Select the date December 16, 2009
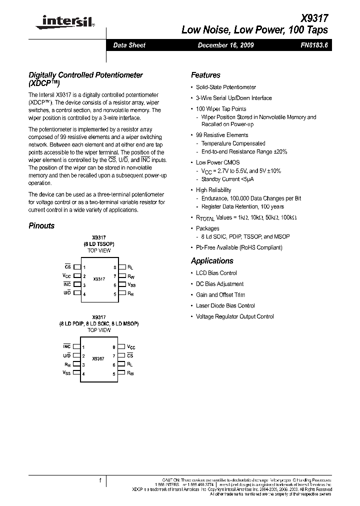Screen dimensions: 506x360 [225, 45]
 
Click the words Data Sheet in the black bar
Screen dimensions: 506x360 [129, 45]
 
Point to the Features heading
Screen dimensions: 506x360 [205, 75]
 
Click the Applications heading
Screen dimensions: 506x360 [212, 261]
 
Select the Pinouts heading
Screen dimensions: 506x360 [41, 226]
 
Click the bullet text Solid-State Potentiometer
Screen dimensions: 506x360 [226, 87]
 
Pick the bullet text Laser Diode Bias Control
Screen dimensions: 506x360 [225, 305]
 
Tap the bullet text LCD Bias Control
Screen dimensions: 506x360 [216, 273]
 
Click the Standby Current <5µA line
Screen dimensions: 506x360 [227, 179]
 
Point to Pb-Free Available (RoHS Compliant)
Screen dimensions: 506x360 [239, 247]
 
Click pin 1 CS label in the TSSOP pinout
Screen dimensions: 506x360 [67, 267]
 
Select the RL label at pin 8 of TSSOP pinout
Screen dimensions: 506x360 [130, 267]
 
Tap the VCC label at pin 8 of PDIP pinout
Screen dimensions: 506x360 [131, 347]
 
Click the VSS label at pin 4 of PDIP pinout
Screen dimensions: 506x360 [66, 373]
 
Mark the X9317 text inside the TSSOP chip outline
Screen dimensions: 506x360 [99, 279]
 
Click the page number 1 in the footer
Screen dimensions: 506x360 [100, 480]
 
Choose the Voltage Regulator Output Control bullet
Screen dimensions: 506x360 [234, 316]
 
